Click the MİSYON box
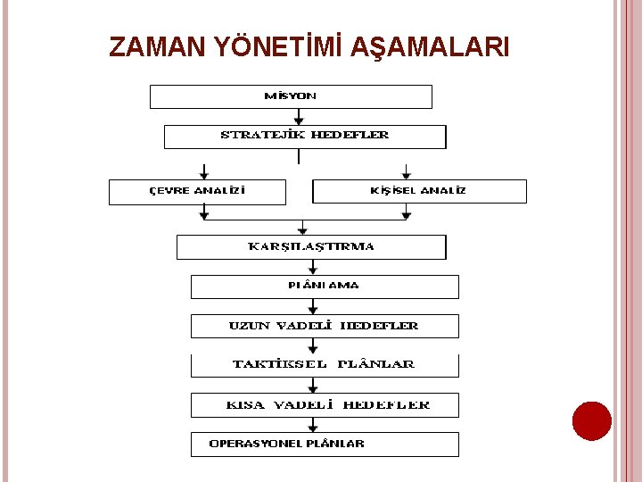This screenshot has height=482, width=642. (x=291, y=96)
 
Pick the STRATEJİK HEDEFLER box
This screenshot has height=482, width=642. (x=305, y=137)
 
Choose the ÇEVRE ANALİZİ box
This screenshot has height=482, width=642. (x=197, y=192)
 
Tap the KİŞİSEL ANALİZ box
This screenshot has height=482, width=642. (x=419, y=192)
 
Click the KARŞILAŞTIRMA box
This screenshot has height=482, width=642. (x=310, y=247)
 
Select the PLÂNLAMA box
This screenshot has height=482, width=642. (x=325, y=287)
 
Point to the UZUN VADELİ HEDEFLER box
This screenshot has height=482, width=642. (x=325, y=326)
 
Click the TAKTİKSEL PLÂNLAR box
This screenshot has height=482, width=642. (x=325, y=365)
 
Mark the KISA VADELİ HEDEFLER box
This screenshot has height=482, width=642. (x=325, y=405)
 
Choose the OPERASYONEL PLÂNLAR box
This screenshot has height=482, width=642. (x=325, y=445)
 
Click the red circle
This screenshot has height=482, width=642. (x=592, y=420)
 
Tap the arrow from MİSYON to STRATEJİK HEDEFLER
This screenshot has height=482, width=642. (x=299, y=117)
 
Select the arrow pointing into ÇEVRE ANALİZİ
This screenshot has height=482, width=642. (x=205, y=170)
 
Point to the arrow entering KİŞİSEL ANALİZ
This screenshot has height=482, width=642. (x=407, y=170)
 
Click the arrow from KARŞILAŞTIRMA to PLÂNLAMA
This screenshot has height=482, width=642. (x=312, y=267)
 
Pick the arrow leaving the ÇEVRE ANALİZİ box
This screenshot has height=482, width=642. (x=205, y=212)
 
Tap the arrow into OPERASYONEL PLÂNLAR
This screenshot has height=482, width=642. (x=312, y=425)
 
